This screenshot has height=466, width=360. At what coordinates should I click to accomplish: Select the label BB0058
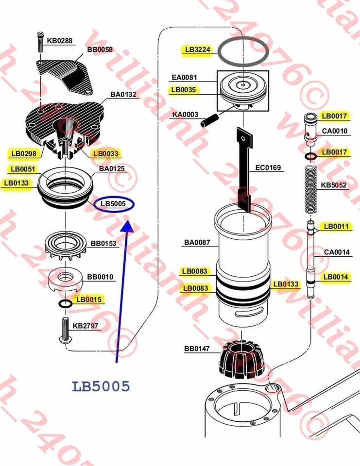pos(100,50)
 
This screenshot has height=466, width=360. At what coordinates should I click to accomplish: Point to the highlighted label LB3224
pos(197,50)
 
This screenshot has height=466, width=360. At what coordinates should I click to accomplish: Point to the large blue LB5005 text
pos(101,386)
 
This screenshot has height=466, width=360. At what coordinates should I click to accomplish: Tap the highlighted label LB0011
pos(336,226)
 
